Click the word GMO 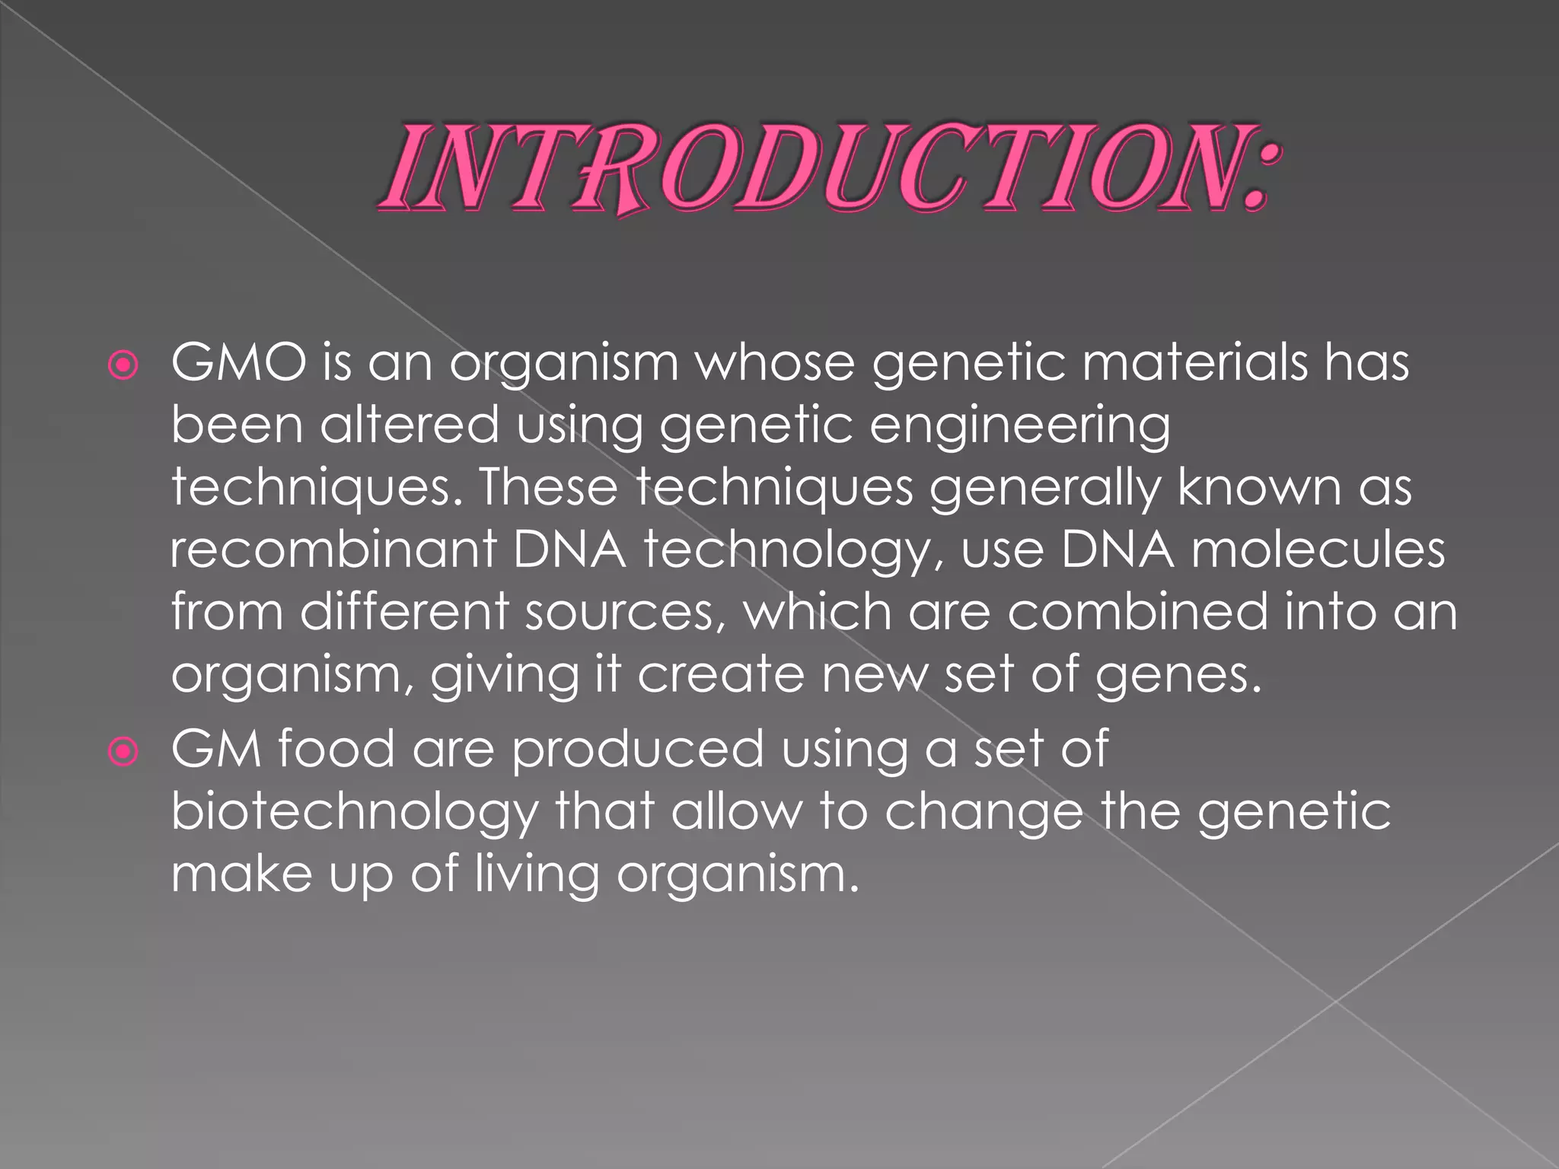(x=238, y=363)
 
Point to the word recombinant (x=333, y=549)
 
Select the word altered (x=409, y=425)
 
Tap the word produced (x=637, y=749)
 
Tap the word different (x=403, y=612)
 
